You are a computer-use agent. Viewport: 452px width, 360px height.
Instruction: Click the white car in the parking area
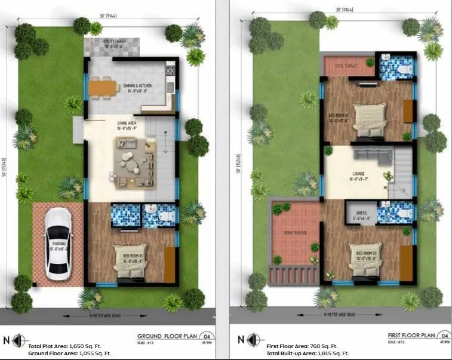tap(59, 244)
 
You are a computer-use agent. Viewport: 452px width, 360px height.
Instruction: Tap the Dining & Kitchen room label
tap(138, 86)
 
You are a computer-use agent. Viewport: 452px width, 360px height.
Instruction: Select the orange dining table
tap(103, 88)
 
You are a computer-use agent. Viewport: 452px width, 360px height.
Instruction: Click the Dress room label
tap(361, 213)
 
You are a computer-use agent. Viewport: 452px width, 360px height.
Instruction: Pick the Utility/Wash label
tap(112, 43)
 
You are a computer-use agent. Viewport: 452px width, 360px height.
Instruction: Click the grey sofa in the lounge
tap(371, 155)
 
